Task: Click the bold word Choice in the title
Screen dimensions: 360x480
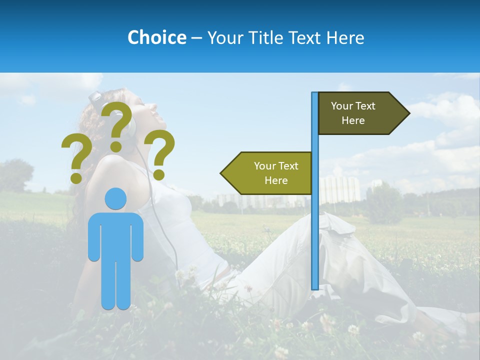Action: point(156,37)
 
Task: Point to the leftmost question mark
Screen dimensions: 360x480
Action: point(76,158)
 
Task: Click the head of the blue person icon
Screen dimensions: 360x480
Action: point(116,198)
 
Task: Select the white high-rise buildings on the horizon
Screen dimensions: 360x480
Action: point(340,189)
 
